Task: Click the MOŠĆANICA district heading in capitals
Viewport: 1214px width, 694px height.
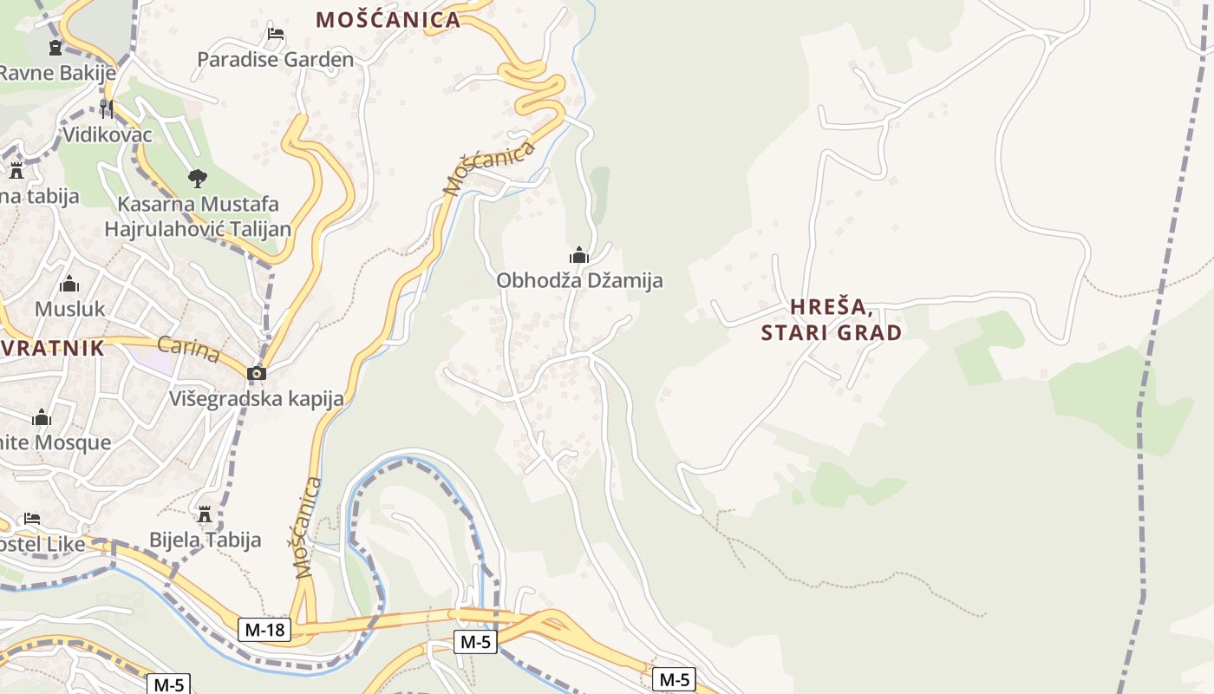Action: [x=388, y=19]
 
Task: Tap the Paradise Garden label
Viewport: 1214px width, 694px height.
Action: [x=275, y=59]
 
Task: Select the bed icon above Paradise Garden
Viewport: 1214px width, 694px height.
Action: [x=276, y=34]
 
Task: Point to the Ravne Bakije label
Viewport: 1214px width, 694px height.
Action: [x=57, y=72]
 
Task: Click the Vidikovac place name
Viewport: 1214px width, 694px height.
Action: [x=108, y=134]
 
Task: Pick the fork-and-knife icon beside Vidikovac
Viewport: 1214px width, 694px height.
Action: [x=107, y=108]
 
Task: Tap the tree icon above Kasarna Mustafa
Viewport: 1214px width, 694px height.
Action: [x=198, y=179]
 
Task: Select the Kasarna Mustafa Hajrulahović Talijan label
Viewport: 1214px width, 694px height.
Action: [x=198, y=217]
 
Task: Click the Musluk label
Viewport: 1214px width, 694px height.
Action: [x=69, y=308]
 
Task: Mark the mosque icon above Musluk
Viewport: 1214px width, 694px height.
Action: [x=69, y=284]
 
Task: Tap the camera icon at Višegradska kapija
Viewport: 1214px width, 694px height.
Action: [x=257, y=373]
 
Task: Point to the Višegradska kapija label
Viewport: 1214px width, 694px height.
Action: [x=257, y=398]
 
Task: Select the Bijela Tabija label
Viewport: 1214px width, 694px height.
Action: [x=205, y=540]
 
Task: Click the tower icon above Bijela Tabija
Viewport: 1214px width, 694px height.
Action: [x=205, y=514]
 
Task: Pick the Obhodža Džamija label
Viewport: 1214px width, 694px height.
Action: [x=579, y=280]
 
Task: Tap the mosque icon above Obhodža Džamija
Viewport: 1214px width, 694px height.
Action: [x=579, y=255]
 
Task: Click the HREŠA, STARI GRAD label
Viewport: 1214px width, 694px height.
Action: [x=832, y=319]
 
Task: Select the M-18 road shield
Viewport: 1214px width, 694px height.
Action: [x=264, y=630]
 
